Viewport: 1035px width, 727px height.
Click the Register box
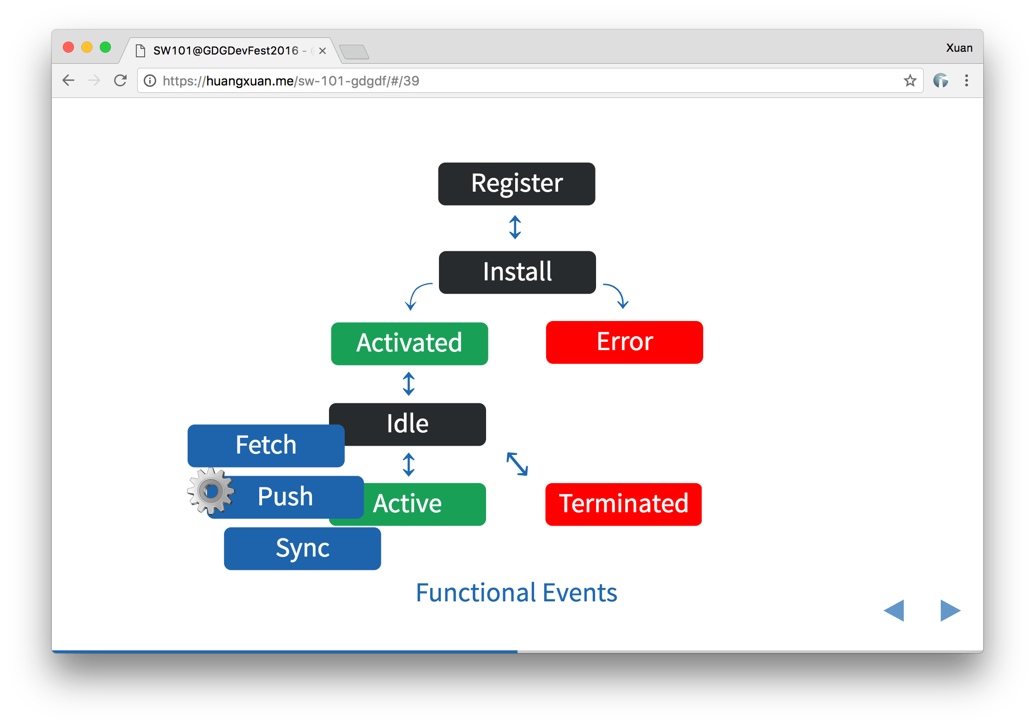pos(517,184)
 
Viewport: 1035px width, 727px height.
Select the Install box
pos(517,272)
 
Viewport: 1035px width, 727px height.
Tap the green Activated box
pos(409,344)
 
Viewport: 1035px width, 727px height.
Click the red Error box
pos(624,342)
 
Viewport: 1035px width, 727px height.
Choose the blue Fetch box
pos(266,445)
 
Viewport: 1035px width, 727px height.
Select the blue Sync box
pos(302,549)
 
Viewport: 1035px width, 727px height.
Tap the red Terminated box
pos(623,504)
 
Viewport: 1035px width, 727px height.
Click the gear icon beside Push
pos(211,491)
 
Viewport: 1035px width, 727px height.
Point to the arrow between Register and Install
pos(515,227)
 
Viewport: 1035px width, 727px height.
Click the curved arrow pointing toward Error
pos(617,295)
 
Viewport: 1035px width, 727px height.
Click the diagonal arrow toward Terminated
pos(517,464)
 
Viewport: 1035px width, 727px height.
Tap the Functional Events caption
pos(516,593)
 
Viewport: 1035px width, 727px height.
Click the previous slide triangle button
pos(895,611)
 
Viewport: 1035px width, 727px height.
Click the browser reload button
pos(120,81)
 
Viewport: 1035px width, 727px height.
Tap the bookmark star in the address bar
pos(910,81)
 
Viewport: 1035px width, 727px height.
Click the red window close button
pos(68,48)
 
